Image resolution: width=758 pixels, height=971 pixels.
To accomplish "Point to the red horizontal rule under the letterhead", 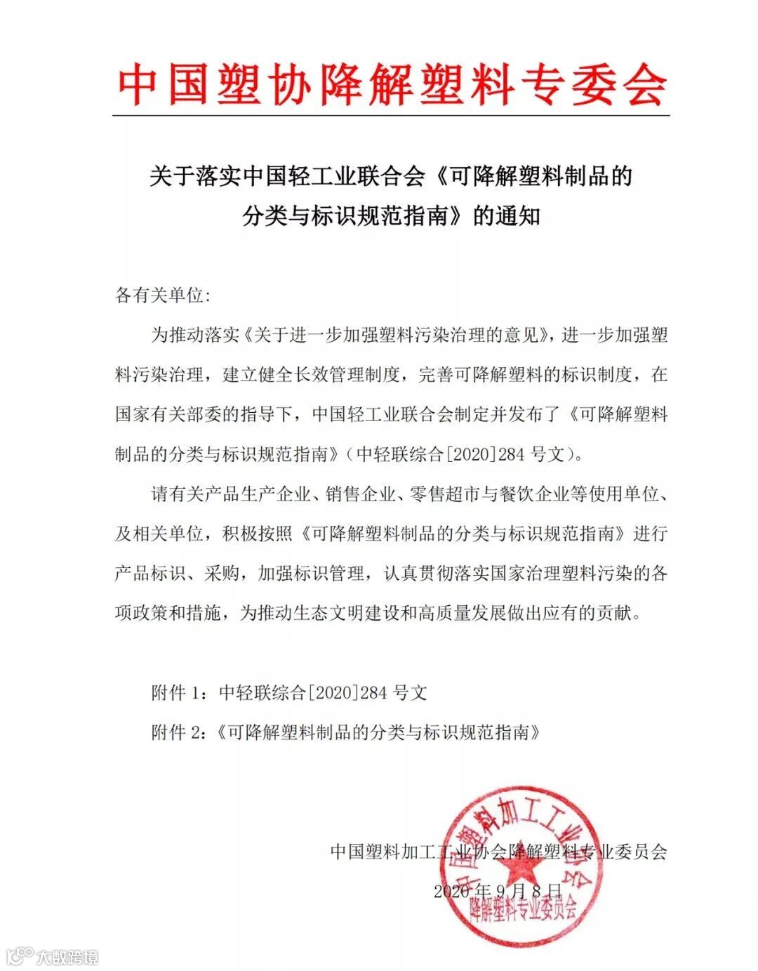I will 391,115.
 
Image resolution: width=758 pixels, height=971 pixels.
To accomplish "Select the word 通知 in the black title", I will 518,215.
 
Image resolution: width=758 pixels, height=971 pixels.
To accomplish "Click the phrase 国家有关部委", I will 168,414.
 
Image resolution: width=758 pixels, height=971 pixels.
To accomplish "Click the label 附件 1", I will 178,692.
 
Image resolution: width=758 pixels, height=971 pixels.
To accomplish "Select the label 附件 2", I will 178,732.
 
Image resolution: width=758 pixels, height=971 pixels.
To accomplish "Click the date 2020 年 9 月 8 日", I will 498,890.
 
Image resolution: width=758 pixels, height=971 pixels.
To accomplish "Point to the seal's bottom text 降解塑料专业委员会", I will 524,912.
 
